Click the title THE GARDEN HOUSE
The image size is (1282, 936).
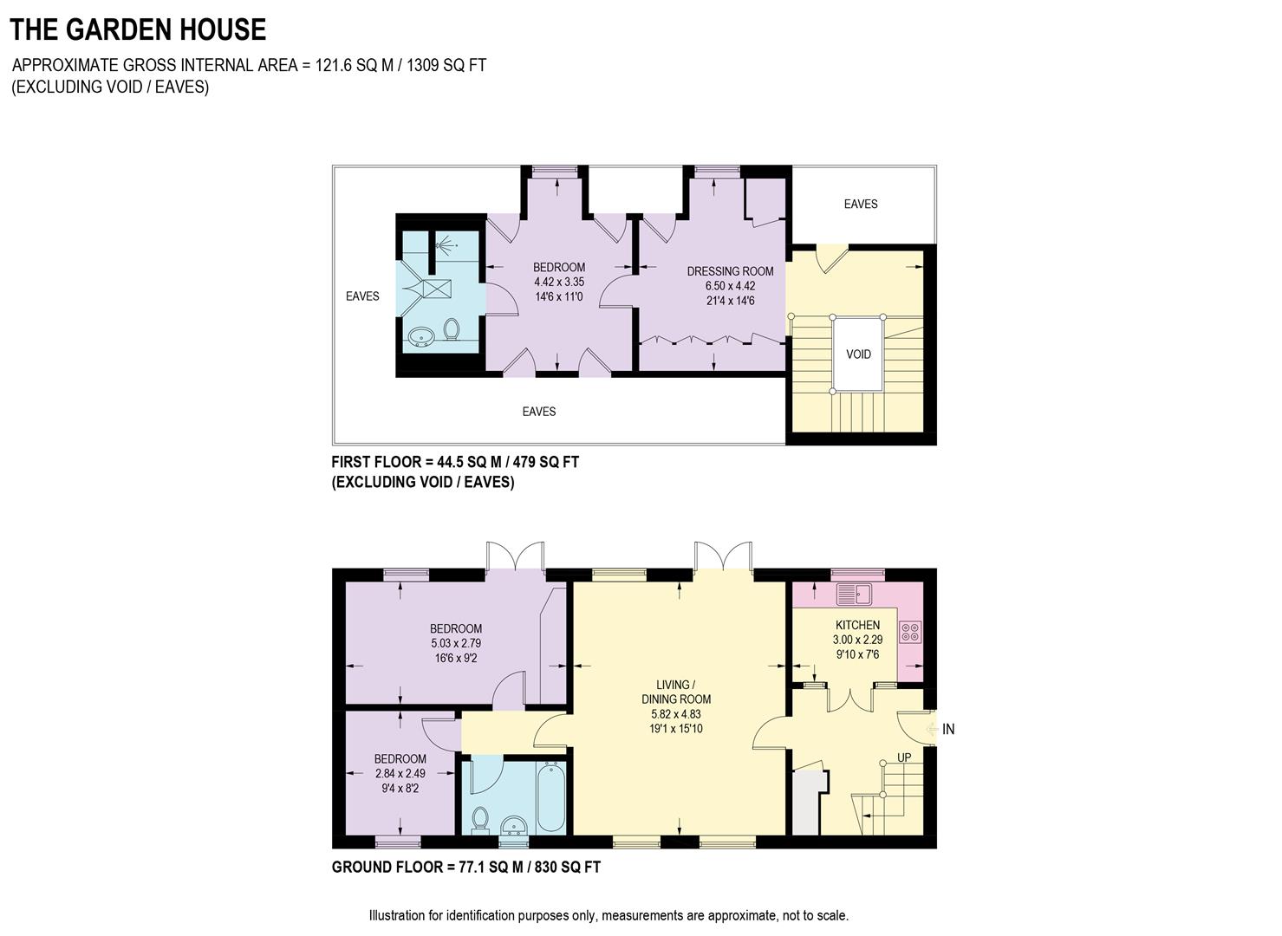pyautogui.click(x=138, y=29)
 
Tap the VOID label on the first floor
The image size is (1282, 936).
pyautogui.click(x=858, y=354)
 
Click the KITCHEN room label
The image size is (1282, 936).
pyautogui.click(x=857, y=625)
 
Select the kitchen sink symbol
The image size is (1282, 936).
pyautogui.click(x=855, y=595)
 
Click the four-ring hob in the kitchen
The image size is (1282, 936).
pyautogui.click(x=910, y=632)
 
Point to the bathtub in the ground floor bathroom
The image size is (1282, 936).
pyautogui.click(x=550, y=796)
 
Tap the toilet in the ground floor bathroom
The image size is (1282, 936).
pyautogui.click(x=480, y=817)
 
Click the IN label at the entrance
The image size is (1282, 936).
pyautogui.click(x=948, y=730)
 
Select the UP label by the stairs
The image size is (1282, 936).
pyautogui.click(x=904, y=757)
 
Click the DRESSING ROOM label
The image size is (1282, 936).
pyautogui.click(x=730, y=271)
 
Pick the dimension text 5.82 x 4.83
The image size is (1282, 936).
pyautogui.click(x=676, y=714)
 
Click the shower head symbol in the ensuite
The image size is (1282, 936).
pyautogui.click(x=447, y=244)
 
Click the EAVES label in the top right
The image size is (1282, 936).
pyautogui.click(x=861, y=205)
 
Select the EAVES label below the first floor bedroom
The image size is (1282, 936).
pyautogui.click(x=538, y=412)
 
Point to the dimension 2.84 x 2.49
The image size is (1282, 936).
pyautogui.click(x=400, y=773)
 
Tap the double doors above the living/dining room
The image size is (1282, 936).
pyautogui.click(x=722, y=556)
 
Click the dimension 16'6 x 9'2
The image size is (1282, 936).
pyautogui.click(x=456, y=659)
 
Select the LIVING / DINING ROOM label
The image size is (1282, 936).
pyautogui.click(x=676, y=692)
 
